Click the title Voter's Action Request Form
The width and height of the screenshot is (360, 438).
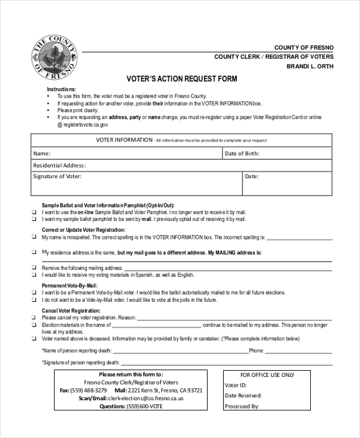point(182,79)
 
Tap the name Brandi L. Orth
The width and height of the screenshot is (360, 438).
point(310,67)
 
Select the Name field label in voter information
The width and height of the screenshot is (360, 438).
point(41,154)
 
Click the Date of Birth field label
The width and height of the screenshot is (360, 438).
point(242,154)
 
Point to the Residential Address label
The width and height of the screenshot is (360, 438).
point(59,165)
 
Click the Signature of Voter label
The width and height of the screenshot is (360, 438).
point(57,176)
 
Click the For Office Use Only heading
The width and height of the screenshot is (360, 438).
point(267,375)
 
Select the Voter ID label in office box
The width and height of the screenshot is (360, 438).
point(236,385)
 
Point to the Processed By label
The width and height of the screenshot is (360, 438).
point(241,406)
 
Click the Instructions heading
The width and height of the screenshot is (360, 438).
point(61,89)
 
